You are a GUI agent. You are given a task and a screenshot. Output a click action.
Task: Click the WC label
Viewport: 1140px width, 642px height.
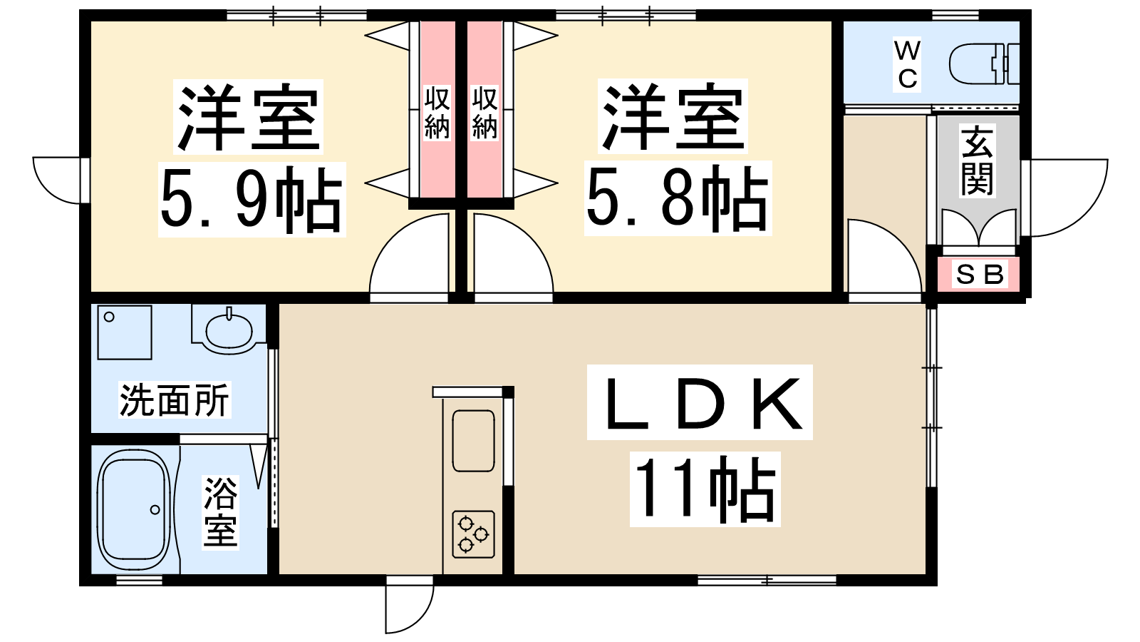[907, 65]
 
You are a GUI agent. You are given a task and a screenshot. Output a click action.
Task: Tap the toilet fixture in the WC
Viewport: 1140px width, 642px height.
[985, 64]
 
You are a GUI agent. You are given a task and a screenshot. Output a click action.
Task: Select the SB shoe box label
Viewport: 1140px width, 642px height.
[980, 275]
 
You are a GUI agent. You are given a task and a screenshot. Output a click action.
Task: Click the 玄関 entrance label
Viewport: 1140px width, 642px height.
[977, 160]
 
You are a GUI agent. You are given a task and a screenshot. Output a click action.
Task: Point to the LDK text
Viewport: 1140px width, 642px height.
[700, 402]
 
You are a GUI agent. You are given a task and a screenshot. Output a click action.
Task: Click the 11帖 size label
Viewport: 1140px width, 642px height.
[705, 489]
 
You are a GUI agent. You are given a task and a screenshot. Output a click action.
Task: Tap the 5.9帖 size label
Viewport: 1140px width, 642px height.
[252, 200]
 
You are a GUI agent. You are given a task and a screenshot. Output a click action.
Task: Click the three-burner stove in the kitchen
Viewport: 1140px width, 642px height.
[473, 534]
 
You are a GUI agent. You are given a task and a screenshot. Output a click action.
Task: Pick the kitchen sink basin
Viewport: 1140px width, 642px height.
[473, 441]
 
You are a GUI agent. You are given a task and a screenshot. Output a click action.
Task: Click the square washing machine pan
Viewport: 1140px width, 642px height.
[125, 332]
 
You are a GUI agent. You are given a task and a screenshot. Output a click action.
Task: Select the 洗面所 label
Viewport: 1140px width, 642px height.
[175, 400]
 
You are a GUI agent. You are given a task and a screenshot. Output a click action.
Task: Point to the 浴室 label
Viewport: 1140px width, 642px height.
[220, 512]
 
